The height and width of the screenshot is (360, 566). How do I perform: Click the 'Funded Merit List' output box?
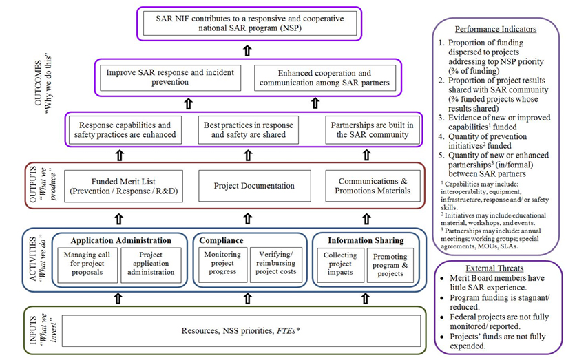(x=125, y=185)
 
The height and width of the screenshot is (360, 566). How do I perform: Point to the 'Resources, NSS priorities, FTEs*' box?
(x=240, y=332)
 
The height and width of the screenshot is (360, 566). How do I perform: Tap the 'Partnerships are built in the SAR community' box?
(x=372, y=130)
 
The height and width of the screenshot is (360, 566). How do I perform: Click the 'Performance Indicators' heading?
(x=496, y=30)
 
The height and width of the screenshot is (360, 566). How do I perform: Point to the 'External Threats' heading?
(x=496, y=268)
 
